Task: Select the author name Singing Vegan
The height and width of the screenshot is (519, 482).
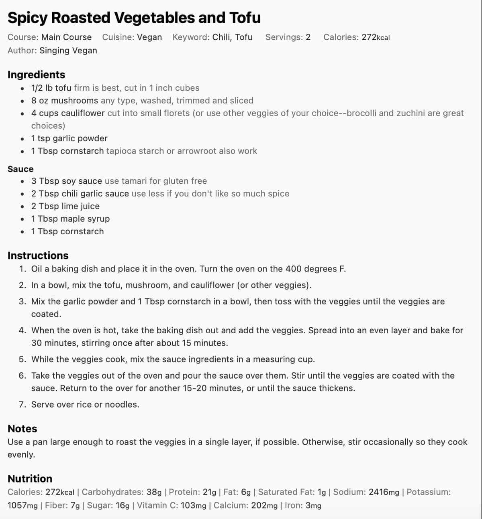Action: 68,51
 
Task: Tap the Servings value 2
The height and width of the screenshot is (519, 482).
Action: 308,37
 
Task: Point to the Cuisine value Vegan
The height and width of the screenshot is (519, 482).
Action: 149,37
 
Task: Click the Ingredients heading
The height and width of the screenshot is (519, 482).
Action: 36,75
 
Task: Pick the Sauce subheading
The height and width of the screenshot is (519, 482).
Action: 20,169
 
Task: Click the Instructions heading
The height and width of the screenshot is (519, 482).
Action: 38,255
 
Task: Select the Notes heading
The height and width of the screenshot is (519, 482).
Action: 22,429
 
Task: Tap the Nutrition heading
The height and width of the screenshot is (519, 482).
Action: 30,478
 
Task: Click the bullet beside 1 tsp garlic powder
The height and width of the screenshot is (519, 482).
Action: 22,139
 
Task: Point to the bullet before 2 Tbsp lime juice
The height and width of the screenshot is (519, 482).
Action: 22,207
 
